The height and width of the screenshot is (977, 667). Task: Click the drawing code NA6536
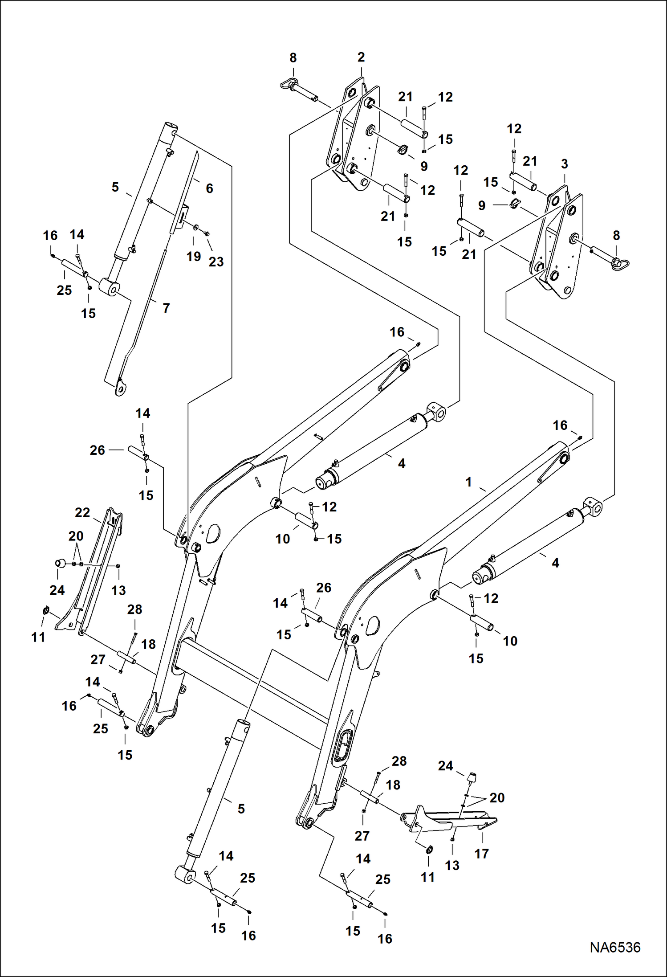615,947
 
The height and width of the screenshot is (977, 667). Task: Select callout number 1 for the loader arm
468,482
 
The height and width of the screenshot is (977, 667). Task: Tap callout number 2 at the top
361,57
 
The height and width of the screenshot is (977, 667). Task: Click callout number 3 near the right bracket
565,164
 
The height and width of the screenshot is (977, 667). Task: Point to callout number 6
209,188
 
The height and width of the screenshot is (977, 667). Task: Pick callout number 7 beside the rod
166,308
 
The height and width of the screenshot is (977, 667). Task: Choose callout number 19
193,256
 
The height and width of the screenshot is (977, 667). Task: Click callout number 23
216,262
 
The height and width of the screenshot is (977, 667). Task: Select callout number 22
82,513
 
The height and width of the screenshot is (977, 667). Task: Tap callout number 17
482,854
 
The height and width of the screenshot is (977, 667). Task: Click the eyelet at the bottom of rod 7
120,388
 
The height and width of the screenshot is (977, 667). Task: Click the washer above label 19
196,228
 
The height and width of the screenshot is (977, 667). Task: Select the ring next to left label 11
46,610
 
